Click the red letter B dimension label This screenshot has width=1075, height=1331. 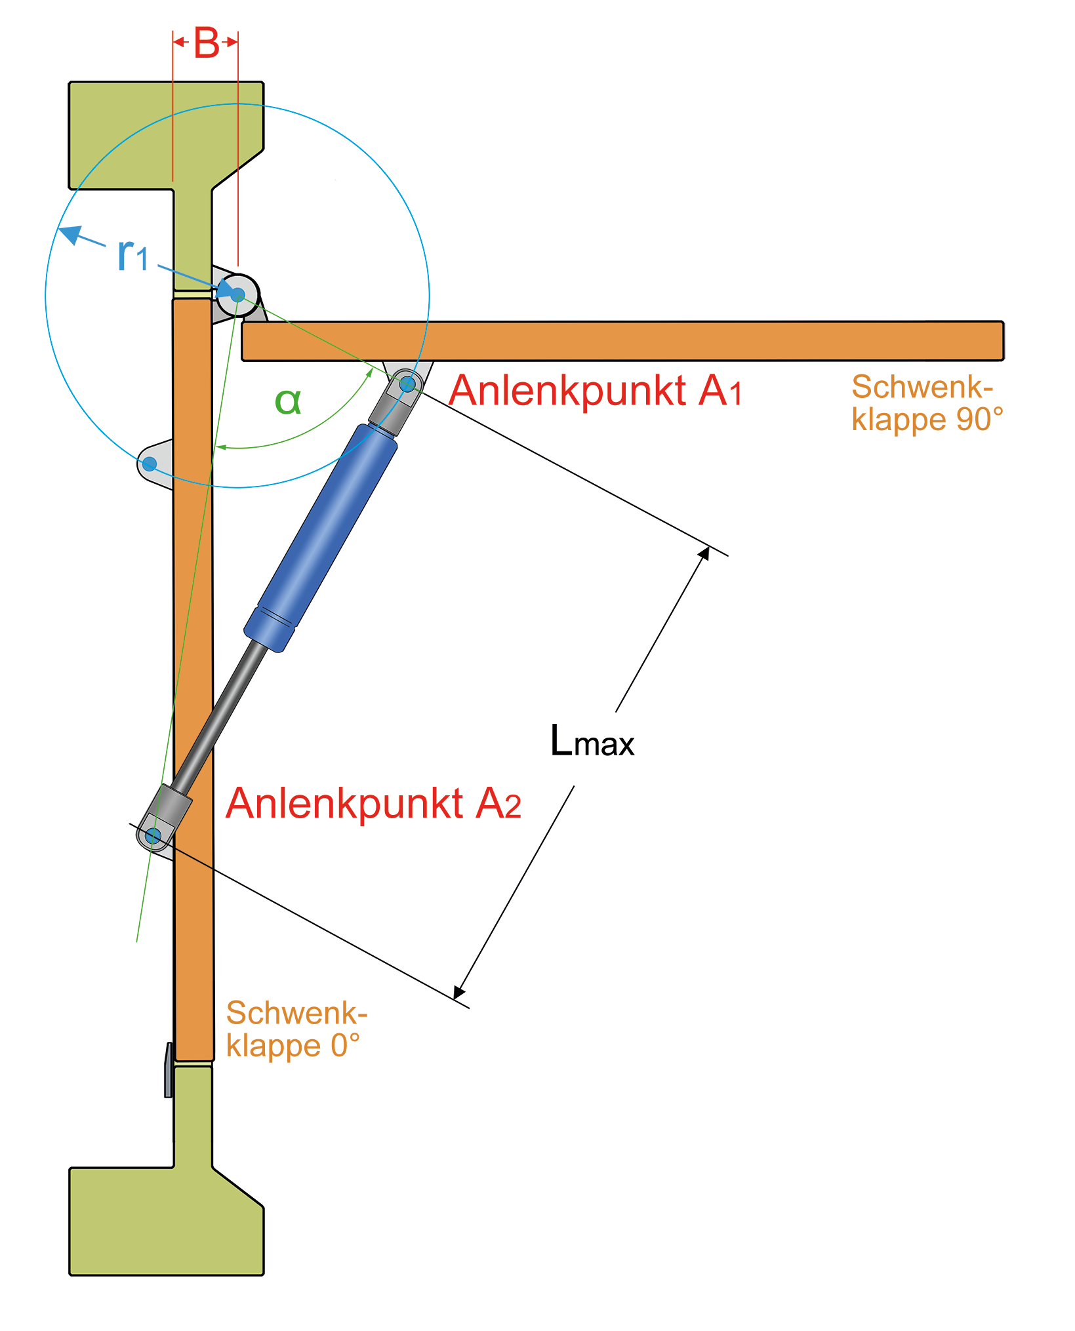click(207, 45)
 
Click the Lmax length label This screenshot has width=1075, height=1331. click(592, 742)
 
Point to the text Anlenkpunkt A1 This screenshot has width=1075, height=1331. click(595, 391)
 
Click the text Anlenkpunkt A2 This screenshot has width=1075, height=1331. click(373, 803)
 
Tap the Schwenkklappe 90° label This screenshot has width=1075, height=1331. click(927, 403)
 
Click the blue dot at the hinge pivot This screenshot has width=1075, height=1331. click(237, 295)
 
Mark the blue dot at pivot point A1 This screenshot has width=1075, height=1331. click(407, 384)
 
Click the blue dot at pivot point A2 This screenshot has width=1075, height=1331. click(153, 835)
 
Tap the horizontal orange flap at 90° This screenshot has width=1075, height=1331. click(623, 341)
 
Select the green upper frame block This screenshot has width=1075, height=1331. click(164, 138)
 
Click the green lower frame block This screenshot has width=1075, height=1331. click(164, 1220)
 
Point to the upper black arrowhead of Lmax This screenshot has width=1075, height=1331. click(704, 553)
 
